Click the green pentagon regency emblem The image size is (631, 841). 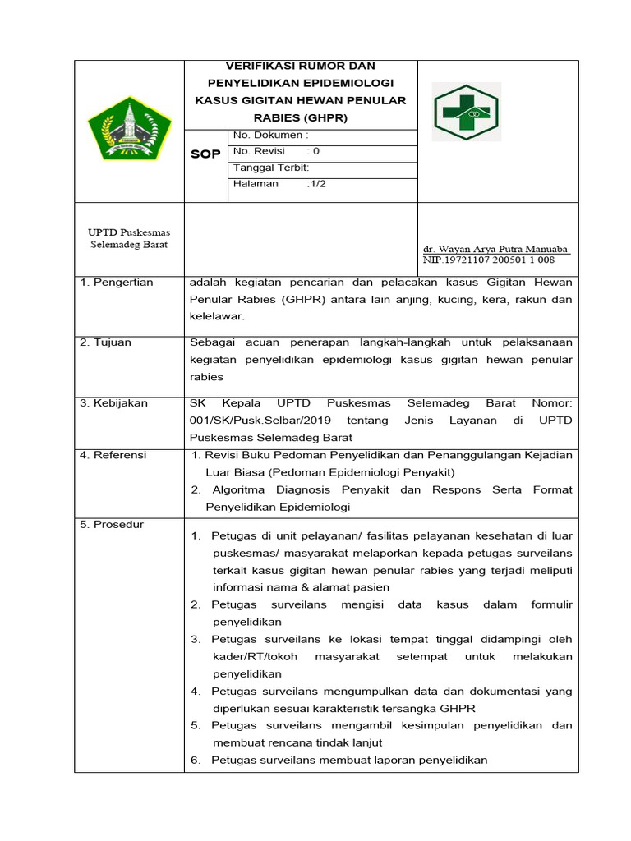(x=129, y=130)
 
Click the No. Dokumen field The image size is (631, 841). (x=271, y=135)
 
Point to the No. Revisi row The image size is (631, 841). (x=276, y=151)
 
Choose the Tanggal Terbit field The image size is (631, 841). (x=271, y=168)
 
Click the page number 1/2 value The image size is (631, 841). (x=316, y=184)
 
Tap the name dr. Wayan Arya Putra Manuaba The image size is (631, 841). (x=495, y=249)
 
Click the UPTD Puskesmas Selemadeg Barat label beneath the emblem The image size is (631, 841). (x=129, y=238)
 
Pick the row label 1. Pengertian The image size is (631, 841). (x=117, y=283)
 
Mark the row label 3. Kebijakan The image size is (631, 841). (x=113, y=403)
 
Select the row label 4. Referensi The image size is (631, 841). (x=113, y=455)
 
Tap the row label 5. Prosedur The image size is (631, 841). (x=112, y=524)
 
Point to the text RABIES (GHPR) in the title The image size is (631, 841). (x=301, y=118)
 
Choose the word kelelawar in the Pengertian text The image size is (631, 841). (x=216, y=316)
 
